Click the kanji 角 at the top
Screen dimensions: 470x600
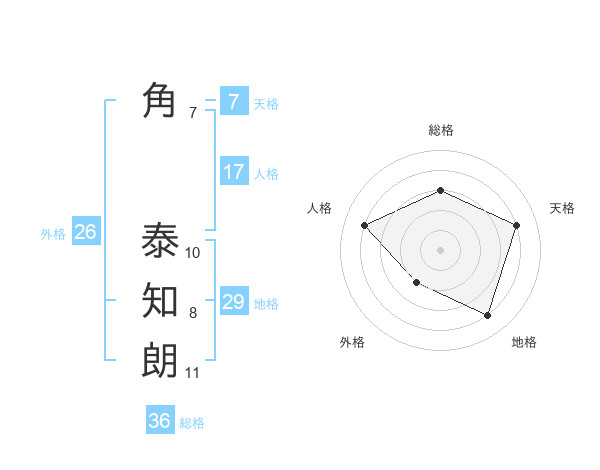tap(160, 101)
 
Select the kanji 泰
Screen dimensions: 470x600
tap(160, 240)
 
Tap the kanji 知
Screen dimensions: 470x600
tap(160, 300)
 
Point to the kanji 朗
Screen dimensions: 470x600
tap(160, 360)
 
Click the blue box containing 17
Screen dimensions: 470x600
tap(234, 172)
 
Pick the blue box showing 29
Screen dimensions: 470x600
tap(234, 301)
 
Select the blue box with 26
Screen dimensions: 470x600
tap(85, 232)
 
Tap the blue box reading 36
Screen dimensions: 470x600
tap(160, 421)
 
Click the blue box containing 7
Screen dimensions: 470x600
tap(234, 101)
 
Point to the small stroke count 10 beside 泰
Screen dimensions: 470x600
tap(193, 253)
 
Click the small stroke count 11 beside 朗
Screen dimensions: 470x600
tap(193, 373)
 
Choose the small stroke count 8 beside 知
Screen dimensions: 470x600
tap(193, 313)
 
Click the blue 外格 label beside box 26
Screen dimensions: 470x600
tap(53, 234)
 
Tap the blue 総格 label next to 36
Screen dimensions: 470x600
tap(192, 423)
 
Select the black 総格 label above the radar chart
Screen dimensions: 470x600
tap(440, 130)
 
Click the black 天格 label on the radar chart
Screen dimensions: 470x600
tap(562, 208)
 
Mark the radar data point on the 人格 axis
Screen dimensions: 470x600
tap(365, 225)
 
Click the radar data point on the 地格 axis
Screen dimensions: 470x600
tap(487, 315)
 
